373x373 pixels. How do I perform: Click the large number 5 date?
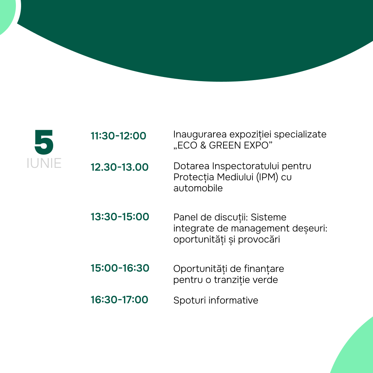coord(44,142)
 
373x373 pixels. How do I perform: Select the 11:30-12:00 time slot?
coord(118,136)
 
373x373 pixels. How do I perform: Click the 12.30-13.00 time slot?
coord(119,167)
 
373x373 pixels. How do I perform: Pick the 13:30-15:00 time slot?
coord(120,217)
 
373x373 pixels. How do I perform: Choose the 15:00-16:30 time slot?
coord(120,268)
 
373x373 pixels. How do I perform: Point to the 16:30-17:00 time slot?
coord(119,300)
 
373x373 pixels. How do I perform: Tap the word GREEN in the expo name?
coord(225,145)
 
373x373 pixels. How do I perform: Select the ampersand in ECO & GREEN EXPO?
coord(203,145)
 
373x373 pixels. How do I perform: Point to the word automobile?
coord(198,188)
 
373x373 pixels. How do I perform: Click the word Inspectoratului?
coord(246,166)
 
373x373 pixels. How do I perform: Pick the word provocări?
coord(259,240)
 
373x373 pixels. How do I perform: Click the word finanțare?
coord(264,269)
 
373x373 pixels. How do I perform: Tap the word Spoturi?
coord(190,301)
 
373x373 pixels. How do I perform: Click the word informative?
coord(233,300)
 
